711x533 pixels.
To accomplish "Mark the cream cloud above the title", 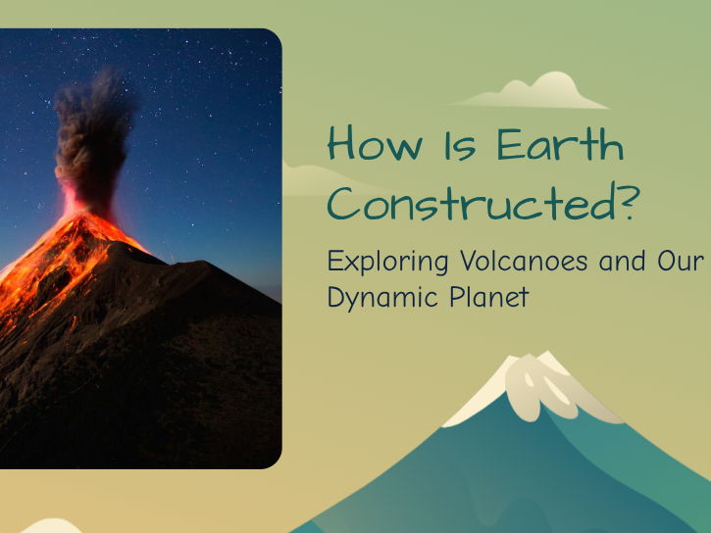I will pyautogui.click(x=534, y=93).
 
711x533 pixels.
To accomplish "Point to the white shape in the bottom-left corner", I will pyautogui.click(x=49, y=525).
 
